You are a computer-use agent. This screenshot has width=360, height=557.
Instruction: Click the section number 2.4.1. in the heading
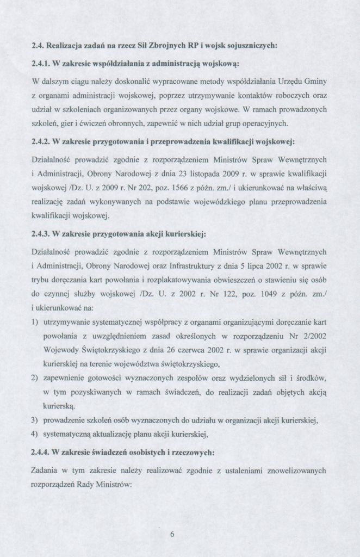click(x=42, y=64)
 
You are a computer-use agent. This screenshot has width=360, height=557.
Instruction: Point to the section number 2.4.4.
click(x=42, y=452)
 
